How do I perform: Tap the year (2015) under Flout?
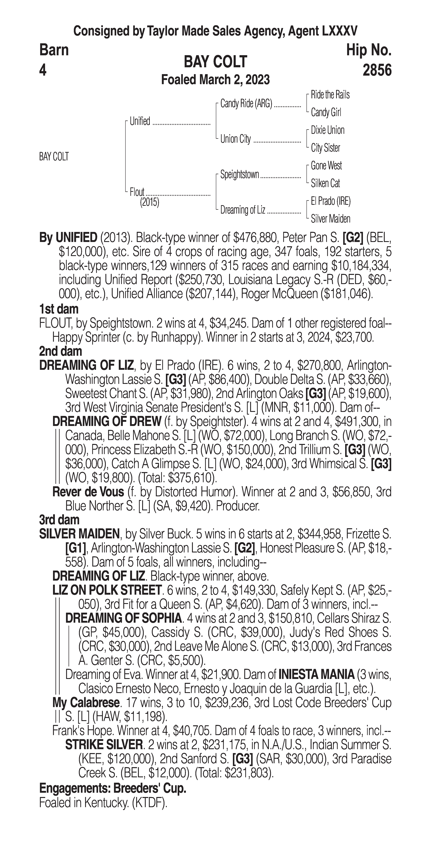[x=149, y=202]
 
